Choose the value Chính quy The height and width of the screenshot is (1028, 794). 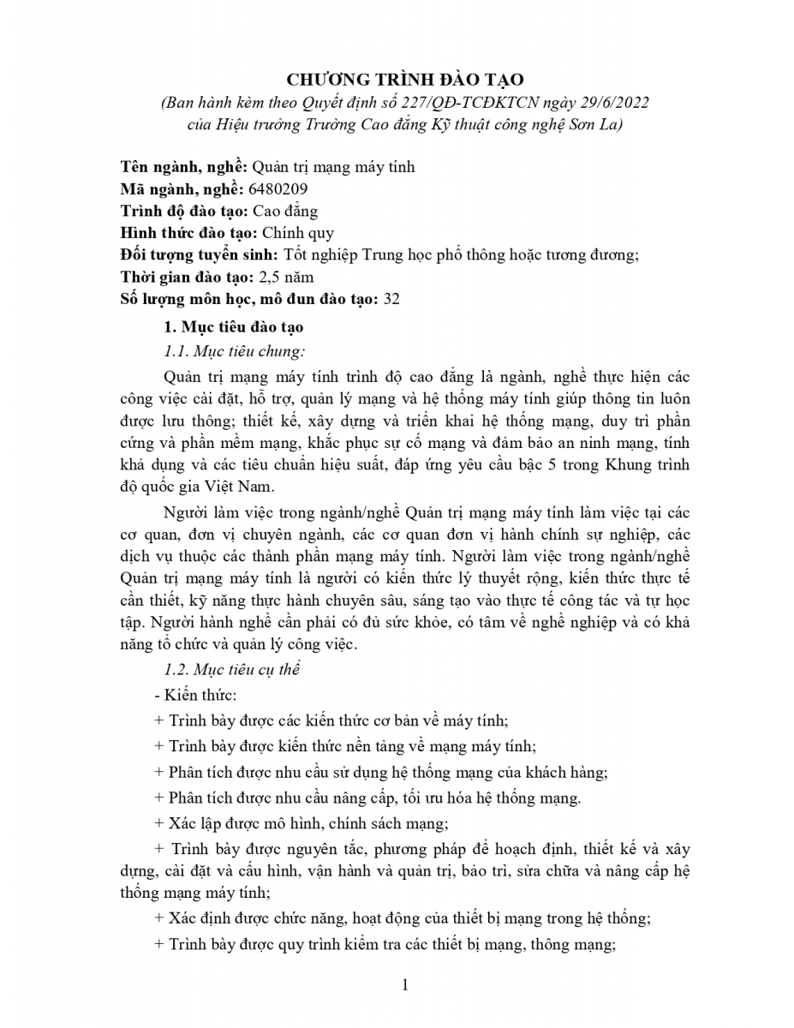(x=297, y=231)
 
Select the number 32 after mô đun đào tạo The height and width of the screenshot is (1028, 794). (x=392, y=299)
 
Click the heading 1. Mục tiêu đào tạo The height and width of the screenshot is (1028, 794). (x=233, y=328)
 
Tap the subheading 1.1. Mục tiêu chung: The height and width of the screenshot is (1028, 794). (x=234, y=351)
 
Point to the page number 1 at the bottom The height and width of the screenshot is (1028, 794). (x=405, y=985)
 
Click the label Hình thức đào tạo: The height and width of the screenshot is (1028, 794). (x=188, y=231)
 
